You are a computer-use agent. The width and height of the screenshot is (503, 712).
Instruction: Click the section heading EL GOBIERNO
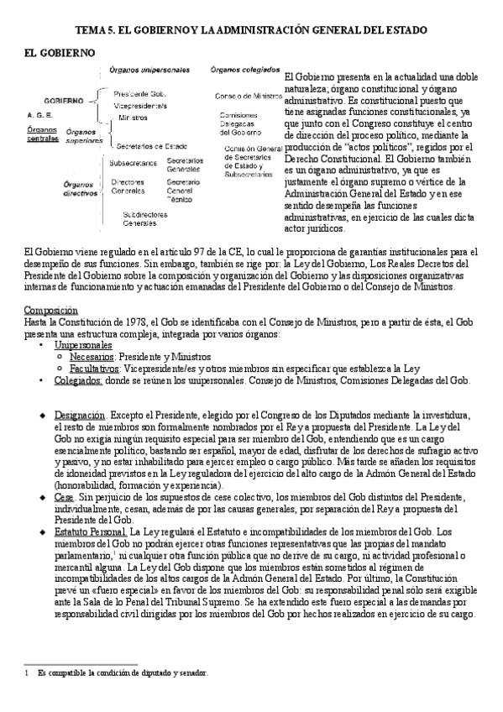[59, 53]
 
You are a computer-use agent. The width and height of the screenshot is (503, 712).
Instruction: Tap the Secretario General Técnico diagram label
[183, 191]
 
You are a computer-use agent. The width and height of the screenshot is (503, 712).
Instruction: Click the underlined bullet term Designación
[80, 415]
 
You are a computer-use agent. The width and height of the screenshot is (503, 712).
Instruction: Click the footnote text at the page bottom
[122, 673]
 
